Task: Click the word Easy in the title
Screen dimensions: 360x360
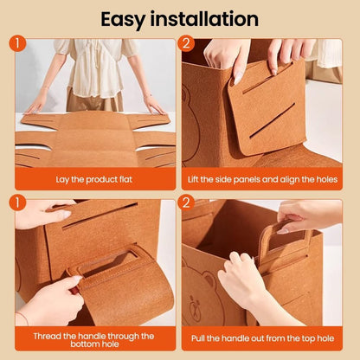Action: (x=123, y=20)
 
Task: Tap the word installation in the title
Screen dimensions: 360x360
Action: (x=204, y=19)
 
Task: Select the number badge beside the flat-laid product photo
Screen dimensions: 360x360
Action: (x=17, y=43)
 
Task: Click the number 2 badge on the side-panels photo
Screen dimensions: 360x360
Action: (x=186, y=43)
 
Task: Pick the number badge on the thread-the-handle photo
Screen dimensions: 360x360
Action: (x=17, y=202)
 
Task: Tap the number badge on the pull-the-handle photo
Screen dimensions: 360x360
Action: (x=186, y=202)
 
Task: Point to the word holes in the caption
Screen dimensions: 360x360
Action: (x=327, y=179)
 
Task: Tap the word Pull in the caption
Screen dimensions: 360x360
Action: (x=198, y=337)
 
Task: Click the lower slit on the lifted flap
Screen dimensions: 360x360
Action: (x=272, y=120)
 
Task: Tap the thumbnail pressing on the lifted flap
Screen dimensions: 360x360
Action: (x=238, y=78)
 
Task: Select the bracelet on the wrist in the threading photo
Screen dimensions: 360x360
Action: (x=23, y=318)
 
